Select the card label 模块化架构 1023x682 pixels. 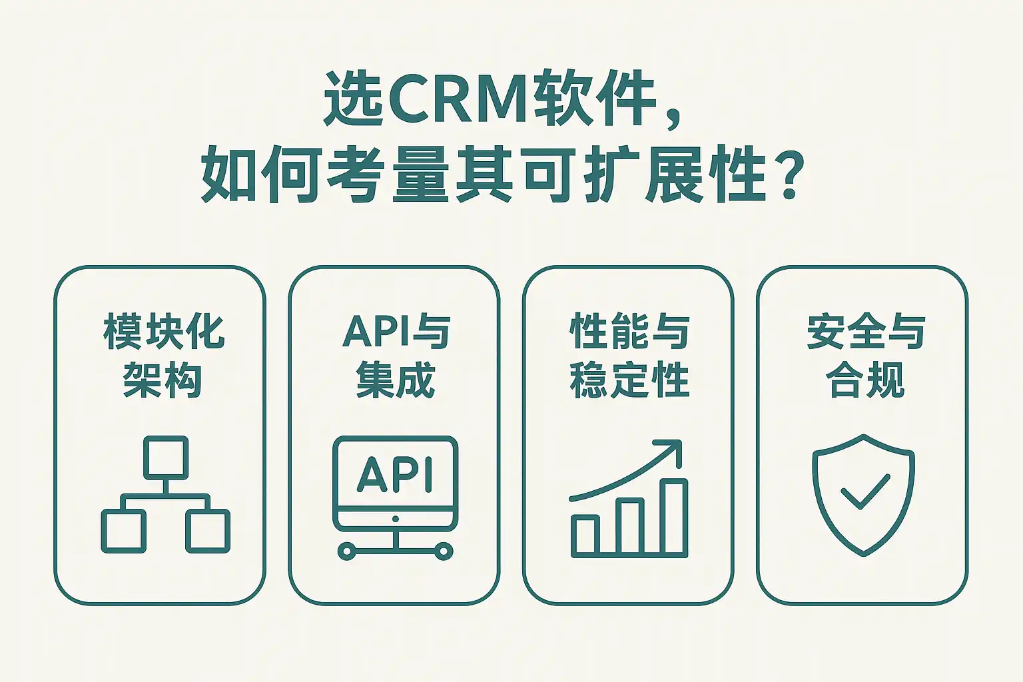163,356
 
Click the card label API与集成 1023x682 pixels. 396,356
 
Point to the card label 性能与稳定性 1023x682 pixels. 629,356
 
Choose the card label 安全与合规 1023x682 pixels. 865,356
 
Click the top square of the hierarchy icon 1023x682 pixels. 166,458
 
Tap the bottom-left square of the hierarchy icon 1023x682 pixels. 123,531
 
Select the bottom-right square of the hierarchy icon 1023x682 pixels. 208,531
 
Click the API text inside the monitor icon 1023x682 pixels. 396,474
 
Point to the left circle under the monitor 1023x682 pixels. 346,551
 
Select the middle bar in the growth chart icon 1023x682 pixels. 630,526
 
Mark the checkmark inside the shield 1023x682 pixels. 864,492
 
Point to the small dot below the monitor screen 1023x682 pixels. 396,519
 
